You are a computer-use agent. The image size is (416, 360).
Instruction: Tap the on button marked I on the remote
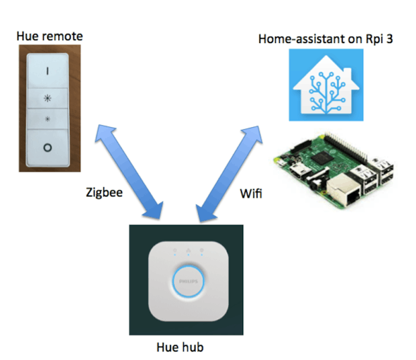49,71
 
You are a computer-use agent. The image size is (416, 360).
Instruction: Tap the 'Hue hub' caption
185,347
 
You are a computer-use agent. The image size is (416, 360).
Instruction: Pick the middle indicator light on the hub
188,251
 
